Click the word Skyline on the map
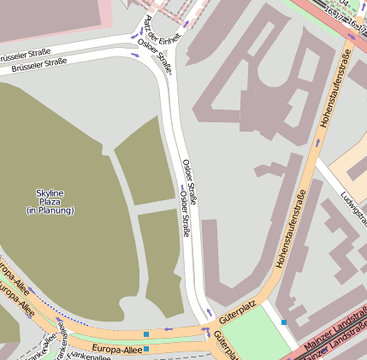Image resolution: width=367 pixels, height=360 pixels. pyautogui.click(x=50, y=193)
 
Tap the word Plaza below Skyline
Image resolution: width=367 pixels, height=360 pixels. pyautogui.click(x=50, y=202)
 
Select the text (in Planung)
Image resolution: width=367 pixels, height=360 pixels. pyautogui.click(x=50, y=210)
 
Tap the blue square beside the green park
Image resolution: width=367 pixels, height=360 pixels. pyautogui.click(x=284, y=322)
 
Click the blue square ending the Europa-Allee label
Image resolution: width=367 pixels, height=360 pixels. pyautogui.click(x=146, y=349)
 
